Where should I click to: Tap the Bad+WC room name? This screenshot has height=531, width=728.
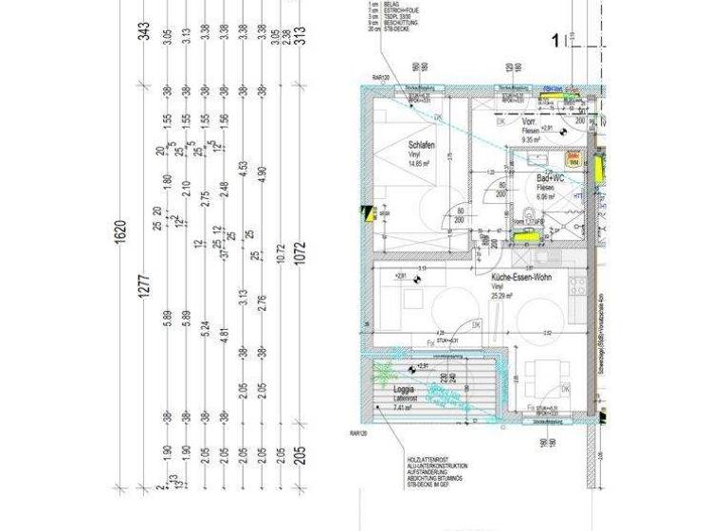coord(552,178)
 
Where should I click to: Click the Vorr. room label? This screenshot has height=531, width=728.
coord(531,123)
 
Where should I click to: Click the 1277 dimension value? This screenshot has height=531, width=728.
coord(144,284)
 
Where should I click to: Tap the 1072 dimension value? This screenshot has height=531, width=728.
coord(300,256)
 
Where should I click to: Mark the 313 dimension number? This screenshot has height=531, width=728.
coord(300,35)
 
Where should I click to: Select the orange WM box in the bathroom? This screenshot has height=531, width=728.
coord(573,159)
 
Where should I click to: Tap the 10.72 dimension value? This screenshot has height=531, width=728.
coord(280,255)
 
